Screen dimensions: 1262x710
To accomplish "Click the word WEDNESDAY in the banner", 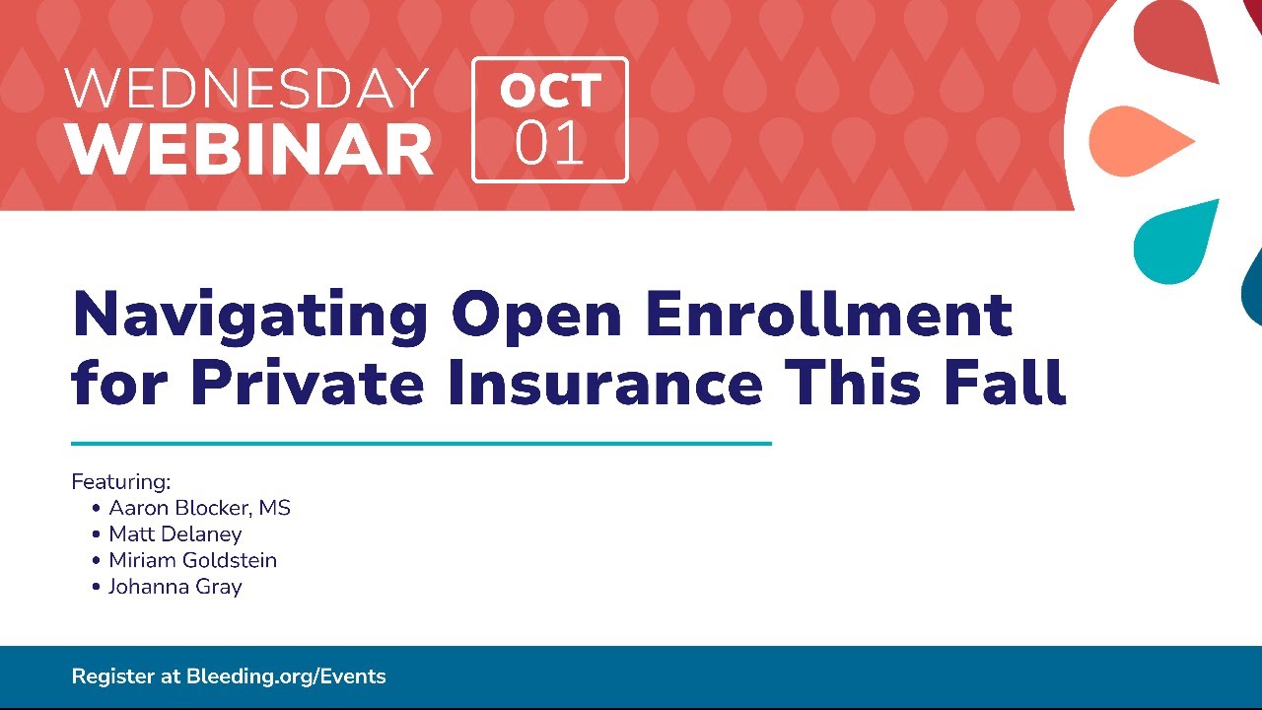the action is (246, 88).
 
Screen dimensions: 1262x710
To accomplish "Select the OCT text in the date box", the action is (550, 91).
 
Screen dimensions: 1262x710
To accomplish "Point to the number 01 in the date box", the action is (549, 143).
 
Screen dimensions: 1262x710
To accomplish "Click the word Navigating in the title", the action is (250, 316).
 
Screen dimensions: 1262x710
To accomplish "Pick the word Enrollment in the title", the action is (829, 313).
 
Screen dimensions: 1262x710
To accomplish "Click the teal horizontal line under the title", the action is (421, 444).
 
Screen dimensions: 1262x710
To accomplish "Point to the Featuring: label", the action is (120, 482).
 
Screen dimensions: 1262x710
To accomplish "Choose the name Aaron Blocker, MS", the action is (199, 508).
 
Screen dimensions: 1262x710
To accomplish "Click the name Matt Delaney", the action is (175, 534).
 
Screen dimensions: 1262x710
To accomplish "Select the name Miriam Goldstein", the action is (192, 561).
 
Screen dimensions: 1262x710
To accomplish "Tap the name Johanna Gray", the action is (175, 587).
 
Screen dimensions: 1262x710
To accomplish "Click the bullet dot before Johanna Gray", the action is (96, 587).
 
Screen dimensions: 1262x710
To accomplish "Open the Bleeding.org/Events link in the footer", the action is (286, 676).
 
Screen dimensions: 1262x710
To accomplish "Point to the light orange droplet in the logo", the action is (1141, 141).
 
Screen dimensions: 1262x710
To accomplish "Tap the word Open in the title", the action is (536, 317).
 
